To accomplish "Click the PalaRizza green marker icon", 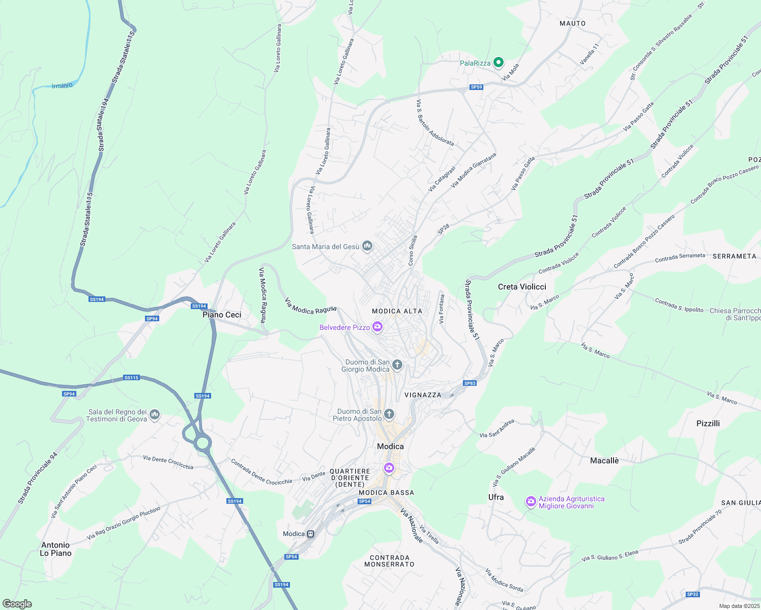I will coord(499,63).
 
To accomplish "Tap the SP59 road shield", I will coord(476,87).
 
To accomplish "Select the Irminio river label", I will coord(62,85).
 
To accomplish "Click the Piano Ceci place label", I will coord(222,315).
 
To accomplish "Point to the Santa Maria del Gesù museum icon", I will coord(367,247).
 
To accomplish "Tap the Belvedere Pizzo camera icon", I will coord(377,327).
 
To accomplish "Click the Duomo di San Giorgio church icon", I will coord(397,364).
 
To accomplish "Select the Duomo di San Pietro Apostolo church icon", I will coord(389,414).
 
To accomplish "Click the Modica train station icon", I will coord(310,534).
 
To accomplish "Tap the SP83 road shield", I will coord(470,383).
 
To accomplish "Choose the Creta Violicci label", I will coord(522,287).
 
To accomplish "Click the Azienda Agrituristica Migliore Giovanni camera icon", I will coord(531,502).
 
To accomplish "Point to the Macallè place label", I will coord(604,461).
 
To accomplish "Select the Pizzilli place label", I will coord(708,423).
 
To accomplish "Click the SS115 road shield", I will coord(131,378).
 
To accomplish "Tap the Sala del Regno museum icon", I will coord(155,415).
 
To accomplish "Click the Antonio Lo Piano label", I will coord(55,549).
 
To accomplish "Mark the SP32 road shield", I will coord(692,594).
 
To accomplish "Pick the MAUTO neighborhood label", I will coord(572,23).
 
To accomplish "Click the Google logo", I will coord(17,604).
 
